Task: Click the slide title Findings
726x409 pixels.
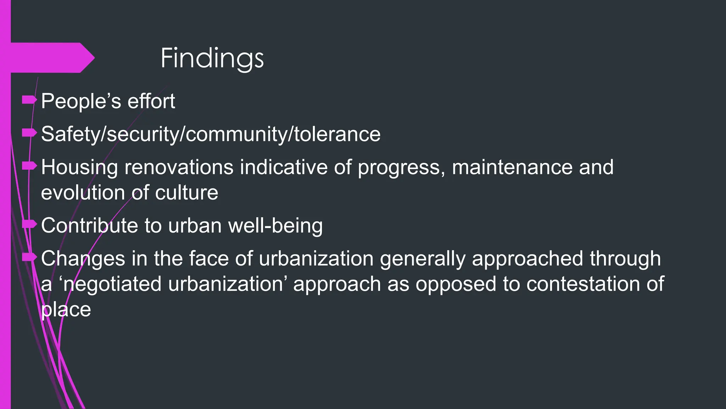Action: click(x=212, y=58)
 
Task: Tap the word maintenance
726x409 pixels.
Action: click(x=512, y=167)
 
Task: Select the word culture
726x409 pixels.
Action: click(x=186, y=193)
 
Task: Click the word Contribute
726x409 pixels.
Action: click(x=89, y=225)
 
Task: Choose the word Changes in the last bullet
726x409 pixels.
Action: click(x=83, y=259)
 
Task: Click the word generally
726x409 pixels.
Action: click(x=422, y=259)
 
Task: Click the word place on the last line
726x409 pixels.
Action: click(x=66, y=310)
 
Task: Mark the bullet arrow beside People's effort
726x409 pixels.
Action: click(x=29, y=100)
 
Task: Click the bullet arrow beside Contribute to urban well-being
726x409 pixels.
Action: click(x=29, y=224)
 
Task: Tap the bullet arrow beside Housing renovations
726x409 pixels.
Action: click(x=29, y=166)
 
